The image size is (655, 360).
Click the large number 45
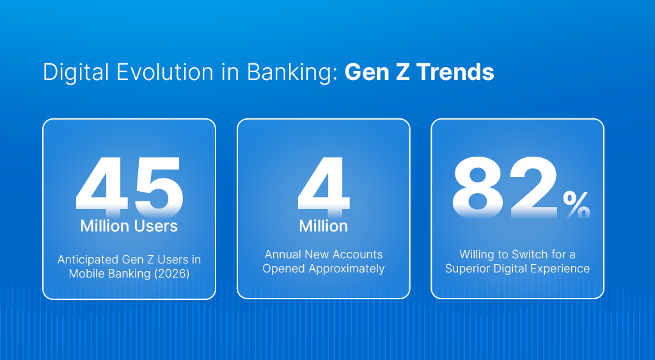(x=129, y=185)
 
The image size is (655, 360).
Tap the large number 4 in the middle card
(x=324, y=185)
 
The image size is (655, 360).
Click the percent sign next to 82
(x=576, y=205)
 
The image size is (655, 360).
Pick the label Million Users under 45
(x=129, y=226)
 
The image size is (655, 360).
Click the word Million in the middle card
(x=324, y=226)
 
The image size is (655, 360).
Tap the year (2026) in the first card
(x=180, y=274)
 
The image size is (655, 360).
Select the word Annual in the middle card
(x=283, y=254)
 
